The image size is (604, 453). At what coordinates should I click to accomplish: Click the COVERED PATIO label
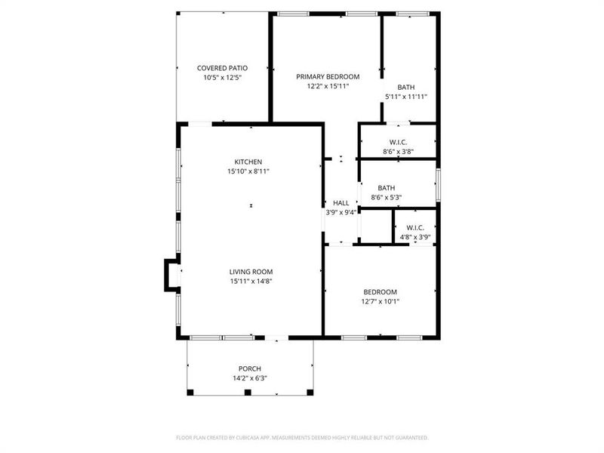point(222,68)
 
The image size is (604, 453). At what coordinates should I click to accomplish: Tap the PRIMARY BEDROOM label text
point(327,76)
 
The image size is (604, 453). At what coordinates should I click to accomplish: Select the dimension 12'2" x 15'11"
point(327,86)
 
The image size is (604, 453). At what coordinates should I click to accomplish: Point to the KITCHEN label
point(248,162)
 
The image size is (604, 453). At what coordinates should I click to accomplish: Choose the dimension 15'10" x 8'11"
point(248,171)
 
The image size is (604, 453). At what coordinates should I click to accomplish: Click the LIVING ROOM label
point(251,272)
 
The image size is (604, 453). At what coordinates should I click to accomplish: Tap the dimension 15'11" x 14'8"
point(251,282)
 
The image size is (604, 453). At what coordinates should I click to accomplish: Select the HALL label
point(341,203)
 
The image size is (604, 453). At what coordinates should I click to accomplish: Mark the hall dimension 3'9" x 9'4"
point(341,213)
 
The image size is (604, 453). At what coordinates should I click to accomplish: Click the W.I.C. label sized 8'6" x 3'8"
point(398,142)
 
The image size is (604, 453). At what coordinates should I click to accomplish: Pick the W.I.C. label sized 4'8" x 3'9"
point(415,227)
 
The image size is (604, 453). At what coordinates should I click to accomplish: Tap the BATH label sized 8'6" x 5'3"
point(386,188)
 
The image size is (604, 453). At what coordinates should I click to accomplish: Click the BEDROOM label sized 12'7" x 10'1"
point(380,292)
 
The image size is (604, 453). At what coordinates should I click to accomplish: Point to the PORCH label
point(250,368)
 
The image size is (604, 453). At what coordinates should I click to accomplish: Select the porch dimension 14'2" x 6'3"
point(250,378)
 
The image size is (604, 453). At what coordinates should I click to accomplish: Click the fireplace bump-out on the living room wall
point(171,276)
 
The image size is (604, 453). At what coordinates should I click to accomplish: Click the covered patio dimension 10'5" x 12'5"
point(222,78)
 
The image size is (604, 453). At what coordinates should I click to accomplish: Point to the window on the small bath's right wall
point(438,183)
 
